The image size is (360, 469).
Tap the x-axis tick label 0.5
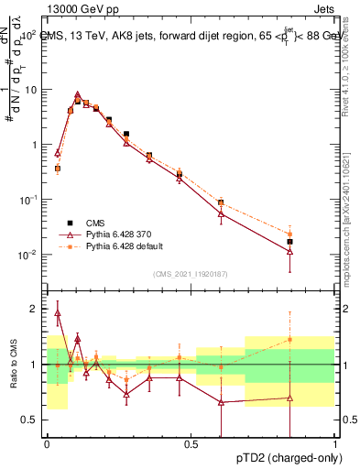click(x=191, y=444)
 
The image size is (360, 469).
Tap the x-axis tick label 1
click(x=334, y=444)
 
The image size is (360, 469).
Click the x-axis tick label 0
click(x=47, y=444)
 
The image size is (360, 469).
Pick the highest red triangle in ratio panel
click(x=58, y=313)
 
